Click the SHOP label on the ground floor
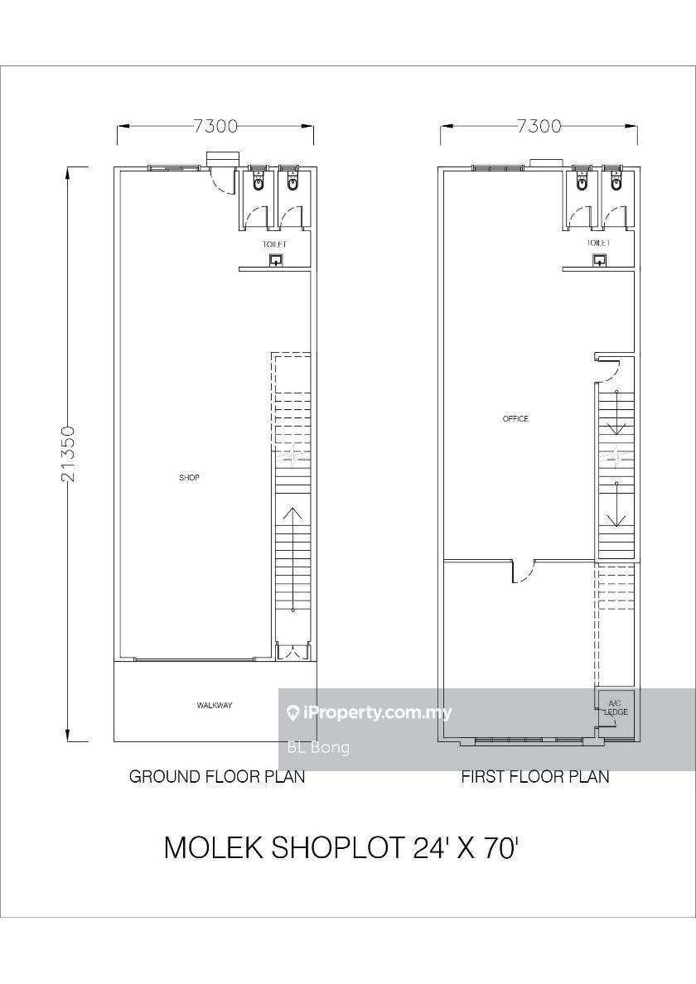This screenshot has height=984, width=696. (189, 478)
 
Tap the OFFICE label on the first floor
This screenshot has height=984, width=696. (515, 418)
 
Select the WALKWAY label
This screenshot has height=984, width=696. (215, 706)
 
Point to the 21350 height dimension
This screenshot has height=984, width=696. (69, 454)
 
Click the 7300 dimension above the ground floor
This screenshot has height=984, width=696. (215, 126)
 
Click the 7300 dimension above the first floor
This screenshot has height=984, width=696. (539, 126)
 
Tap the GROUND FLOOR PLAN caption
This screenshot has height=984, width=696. (217, 776)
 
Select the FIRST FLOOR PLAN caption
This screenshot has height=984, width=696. (535, 776)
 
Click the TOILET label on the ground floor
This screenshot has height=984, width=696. (274, 244)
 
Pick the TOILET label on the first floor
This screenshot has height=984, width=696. (599, 243)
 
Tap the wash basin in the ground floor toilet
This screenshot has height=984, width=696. (276, 260)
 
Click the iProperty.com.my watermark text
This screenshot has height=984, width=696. (369, 713)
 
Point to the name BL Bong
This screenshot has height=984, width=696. (318, 747)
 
